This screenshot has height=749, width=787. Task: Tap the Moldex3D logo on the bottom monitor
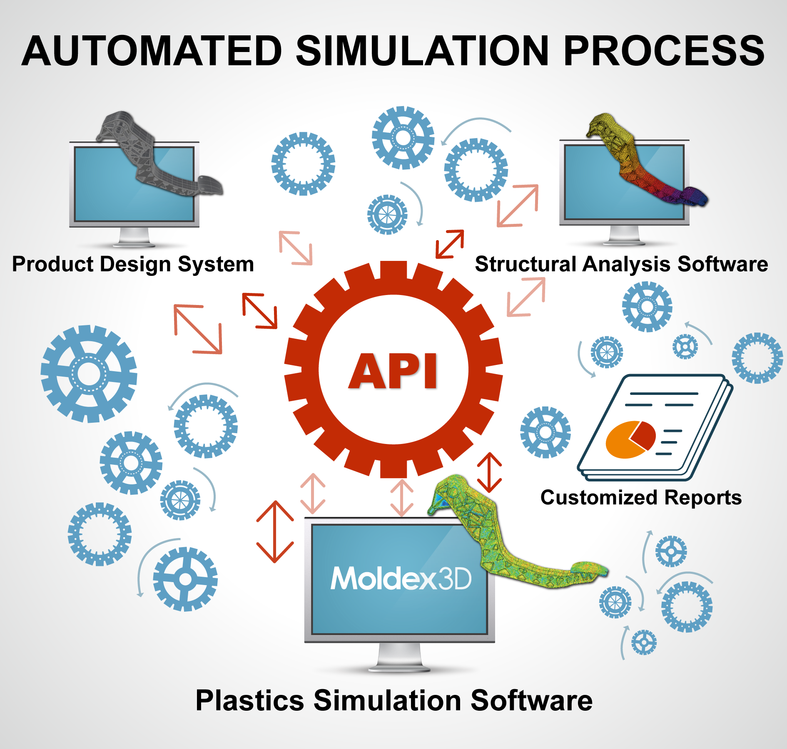[401, 578]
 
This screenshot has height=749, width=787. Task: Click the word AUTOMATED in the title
[152, 51]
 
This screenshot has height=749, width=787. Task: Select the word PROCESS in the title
[664, 51]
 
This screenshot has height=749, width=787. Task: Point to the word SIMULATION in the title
[422, 51]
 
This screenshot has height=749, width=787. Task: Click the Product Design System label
[133, 264]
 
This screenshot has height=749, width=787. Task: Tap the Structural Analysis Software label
[621, 264]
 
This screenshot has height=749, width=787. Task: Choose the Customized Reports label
[641, 497]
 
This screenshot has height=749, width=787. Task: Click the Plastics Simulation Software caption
[394, 700]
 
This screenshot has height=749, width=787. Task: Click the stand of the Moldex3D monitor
[399, 657]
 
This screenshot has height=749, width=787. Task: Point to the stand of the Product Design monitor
[134, 237]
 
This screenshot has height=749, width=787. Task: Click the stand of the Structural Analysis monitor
[624, 235]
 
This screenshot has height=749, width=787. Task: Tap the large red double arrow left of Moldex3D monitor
[275, 531]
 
